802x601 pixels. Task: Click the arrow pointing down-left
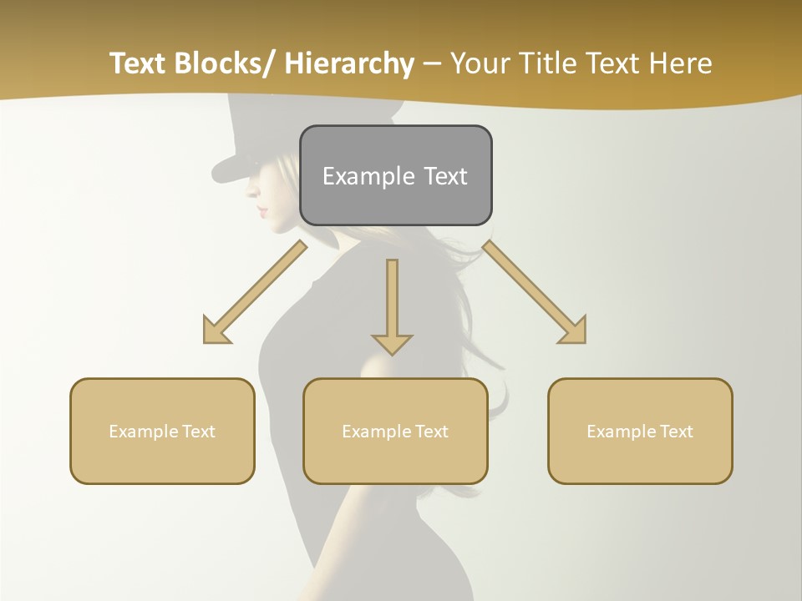[255, 292]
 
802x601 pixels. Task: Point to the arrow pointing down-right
[535, 292]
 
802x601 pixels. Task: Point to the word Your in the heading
[481, 64]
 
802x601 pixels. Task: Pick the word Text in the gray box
[445, 176]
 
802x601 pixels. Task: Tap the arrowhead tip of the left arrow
[206, 341]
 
